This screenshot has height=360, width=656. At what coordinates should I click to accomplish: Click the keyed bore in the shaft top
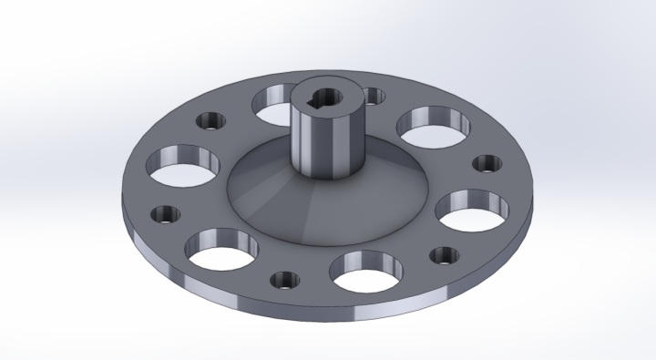tap(329, 98)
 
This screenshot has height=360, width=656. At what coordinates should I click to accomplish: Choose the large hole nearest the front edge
tap(366, 271)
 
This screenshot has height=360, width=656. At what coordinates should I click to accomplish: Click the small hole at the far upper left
tap(212, 120)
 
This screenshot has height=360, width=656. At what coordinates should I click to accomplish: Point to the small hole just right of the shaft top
tap(373, 95)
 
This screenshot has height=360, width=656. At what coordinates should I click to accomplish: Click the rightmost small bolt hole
tap(486, 164)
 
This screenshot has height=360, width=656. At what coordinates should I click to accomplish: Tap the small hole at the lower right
tap(443, 256)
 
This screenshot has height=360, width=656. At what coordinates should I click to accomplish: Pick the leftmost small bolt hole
tap(167, 215)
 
